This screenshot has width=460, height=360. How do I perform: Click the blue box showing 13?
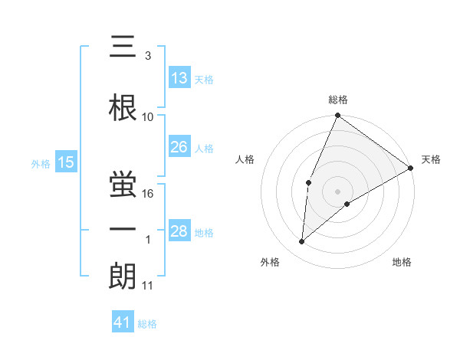pyautogui.click(x=179, y=78)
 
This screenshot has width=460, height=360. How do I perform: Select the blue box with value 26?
pyautogui.click(x=179, y=147)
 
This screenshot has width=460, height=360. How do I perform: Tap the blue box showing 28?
pyautogui.click(x=179, y=231)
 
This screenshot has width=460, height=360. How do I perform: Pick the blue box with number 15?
pyautogui.click(x=66, y=162)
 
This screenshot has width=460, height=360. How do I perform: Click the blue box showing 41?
pyautogui.click(x=123, y=322)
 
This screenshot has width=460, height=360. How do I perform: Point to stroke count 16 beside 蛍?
pyautogui.click(x=149, y=194)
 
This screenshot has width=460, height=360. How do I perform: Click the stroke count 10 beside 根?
pyautogui.click(x=148, y=117)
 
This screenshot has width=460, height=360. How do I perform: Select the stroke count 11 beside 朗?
pyautogui.click(x=148, y=286)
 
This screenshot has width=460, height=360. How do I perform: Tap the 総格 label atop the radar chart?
pyautogui.click(x=338, y=100)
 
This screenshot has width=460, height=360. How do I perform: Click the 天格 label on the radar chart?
pyautogui.click(x=431, y=159)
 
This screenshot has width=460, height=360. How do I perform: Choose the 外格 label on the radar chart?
pyautogui.click(x=270, y=262)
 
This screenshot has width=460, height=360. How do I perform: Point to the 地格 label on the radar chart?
pyautogui.click(x=402, y=262)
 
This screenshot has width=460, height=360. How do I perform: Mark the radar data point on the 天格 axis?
pyautogui.click(x=411, y=168)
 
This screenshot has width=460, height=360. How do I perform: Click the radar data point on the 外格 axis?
pyautogui.click(x=302, y=242)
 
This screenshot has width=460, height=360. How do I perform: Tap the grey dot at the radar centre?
pyautogui.click(x=337, y=191)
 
